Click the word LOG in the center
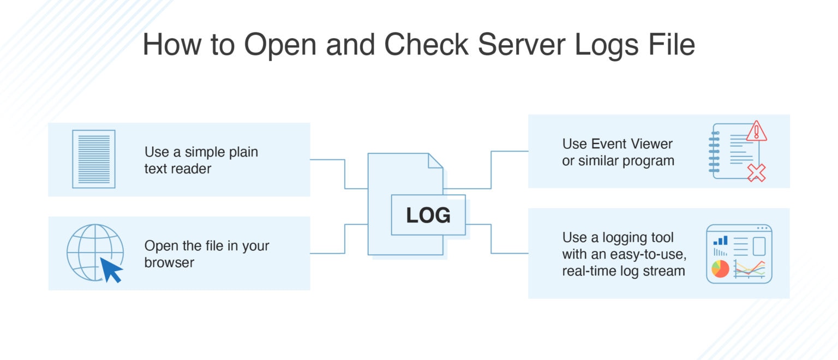pyautogui.click(x=428, y=215)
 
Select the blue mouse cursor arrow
pyautogui.click(x=111, y=269)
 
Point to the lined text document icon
pyautogui.click(x=94, y=159)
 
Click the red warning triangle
pyautogui.click(x=756, y=131)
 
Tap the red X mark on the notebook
pyautogui.click(x=756, y=172)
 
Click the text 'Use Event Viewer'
pyautogui.click(x=617, y=144)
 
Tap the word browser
pyautogui.click(x=169, y=263)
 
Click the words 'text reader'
pyautogui.click(x=177, y=169)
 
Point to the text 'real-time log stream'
pyautogui.click(x=623, y=271)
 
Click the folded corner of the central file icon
pyautogui.click(x=435, y=161)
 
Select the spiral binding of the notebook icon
pyautogui.click(x=714, y=151)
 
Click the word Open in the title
pyautogui.click(x=280, y=45)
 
